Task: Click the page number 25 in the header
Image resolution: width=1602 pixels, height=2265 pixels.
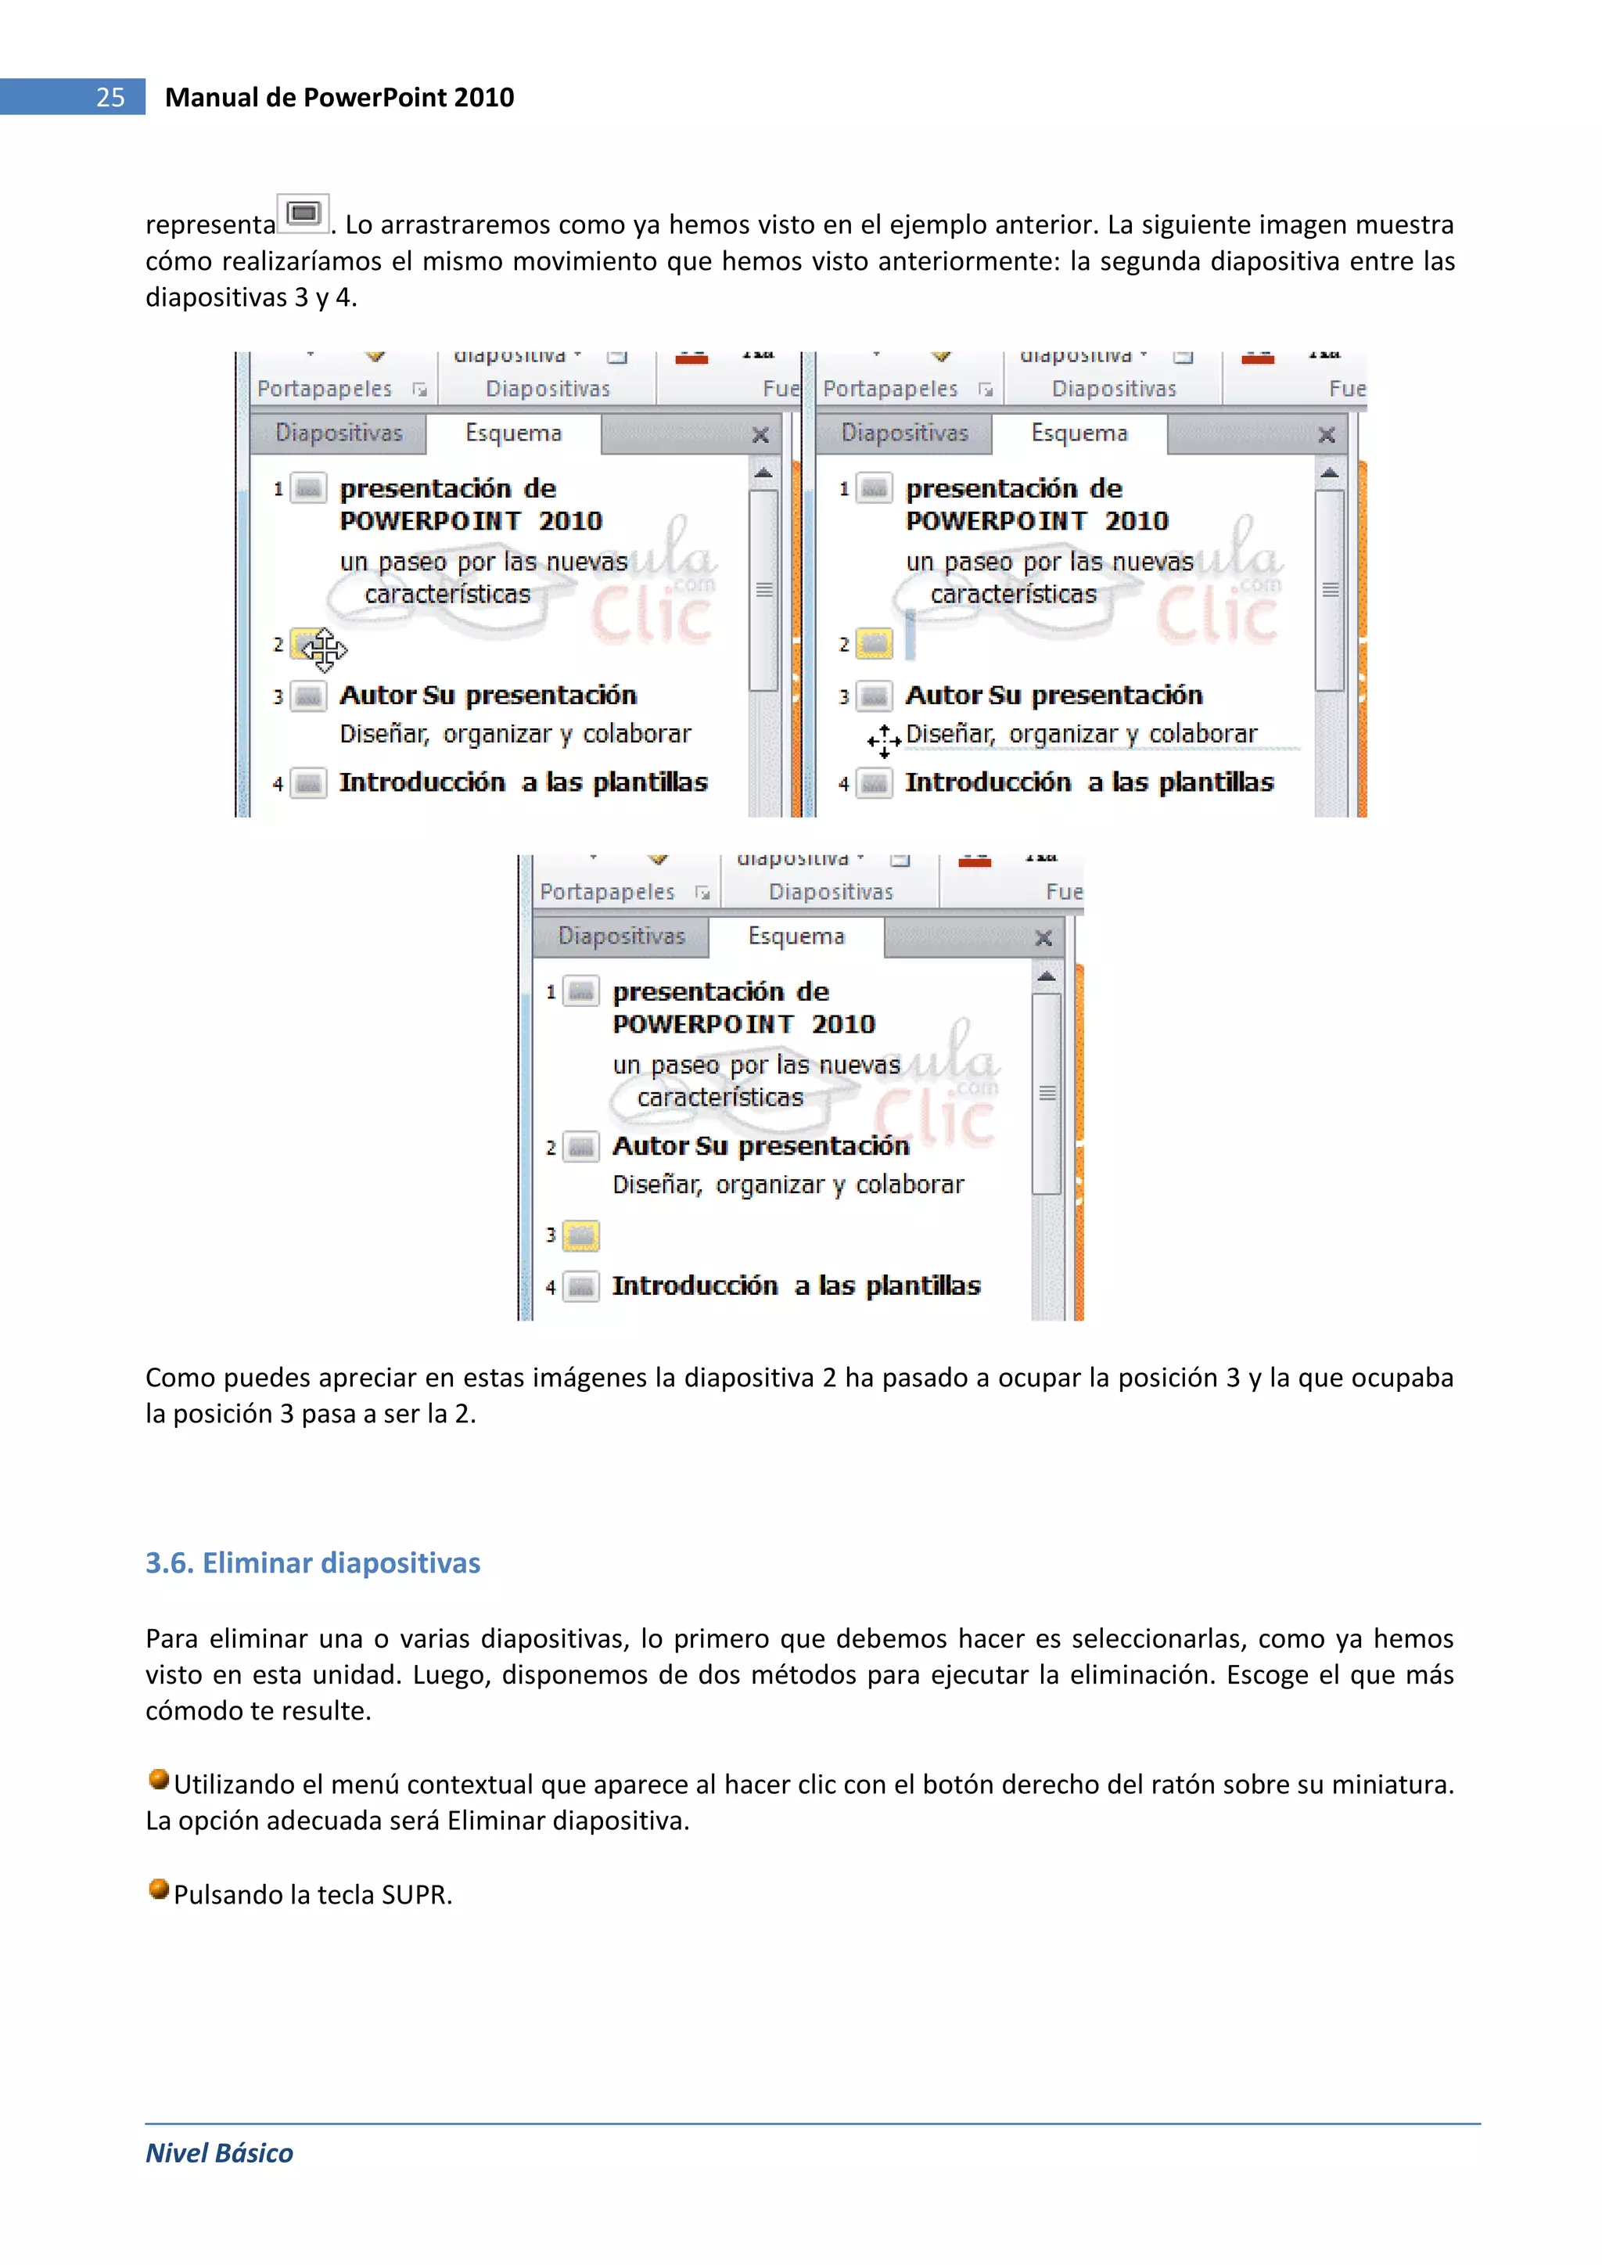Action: pyautogui.click(x=110, y=97)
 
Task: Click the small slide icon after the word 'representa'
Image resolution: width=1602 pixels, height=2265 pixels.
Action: pyautogui.click(x=303, y=213)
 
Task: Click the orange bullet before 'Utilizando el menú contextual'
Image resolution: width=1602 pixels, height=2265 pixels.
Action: pyautogui.click(x=158, y=1778)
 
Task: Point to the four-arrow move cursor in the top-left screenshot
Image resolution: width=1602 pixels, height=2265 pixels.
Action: pyautogui.click(x=324, y=649)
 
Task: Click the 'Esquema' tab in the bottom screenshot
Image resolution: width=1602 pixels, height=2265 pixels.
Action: pyautogui.click(x=796, y=937)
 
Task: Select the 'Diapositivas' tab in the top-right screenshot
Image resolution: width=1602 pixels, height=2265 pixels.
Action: pyautogui.click(x=904, y=433)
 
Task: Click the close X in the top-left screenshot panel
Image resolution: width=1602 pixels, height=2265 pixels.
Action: pyautogui.click(x=760, y=435)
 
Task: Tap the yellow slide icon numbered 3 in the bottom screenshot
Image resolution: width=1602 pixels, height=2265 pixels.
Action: pyautogui.click(x=581, y=1235)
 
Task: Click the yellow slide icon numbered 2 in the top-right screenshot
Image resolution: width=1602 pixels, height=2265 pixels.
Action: pyautogui.click(x=874, y=644)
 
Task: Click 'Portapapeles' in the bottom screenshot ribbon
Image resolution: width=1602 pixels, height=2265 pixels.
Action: pyautogui.click(x=607, y=892)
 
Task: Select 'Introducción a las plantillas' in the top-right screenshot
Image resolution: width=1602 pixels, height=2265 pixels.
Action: pyautogui.click(x=1089, y=782)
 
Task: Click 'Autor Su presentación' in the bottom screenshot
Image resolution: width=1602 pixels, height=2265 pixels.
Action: pyautogui.click(x=760, y=1146)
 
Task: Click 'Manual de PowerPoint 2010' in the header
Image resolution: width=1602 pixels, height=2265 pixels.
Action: pyautogui.click(x=339, y=97)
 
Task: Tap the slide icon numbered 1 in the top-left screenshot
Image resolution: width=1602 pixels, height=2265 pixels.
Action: pyautogui.click(x=309, y=488)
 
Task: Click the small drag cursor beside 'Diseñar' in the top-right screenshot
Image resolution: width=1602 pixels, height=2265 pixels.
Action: pyautogui.click(x=884, y=739)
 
